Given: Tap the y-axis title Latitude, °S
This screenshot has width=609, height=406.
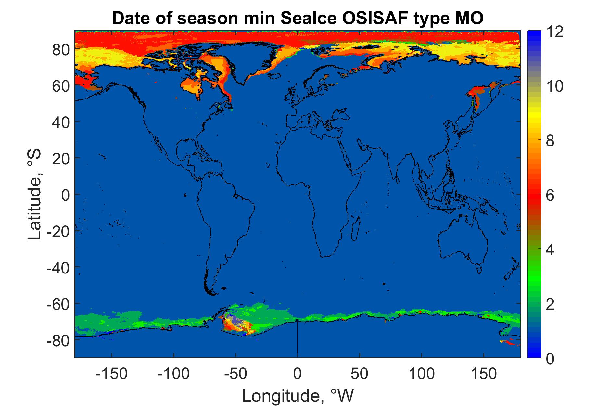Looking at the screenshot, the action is tap(35, 194).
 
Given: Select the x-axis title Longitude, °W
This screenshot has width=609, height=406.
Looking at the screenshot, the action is tap(297, 395).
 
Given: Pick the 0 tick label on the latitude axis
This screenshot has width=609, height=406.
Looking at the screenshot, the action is tap(65, 194).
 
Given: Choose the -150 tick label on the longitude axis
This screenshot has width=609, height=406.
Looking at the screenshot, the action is tap(112, 374).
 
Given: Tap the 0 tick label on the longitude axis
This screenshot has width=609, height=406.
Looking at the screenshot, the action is tap(298, 374).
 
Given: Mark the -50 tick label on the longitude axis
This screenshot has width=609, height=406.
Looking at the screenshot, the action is tap(236, 374).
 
